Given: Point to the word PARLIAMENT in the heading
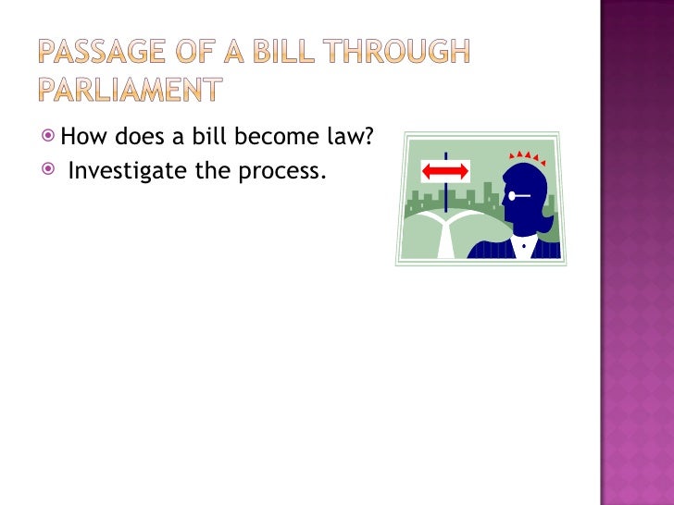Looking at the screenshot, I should [131, 90].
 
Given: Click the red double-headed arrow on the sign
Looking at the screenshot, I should [446, 170].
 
